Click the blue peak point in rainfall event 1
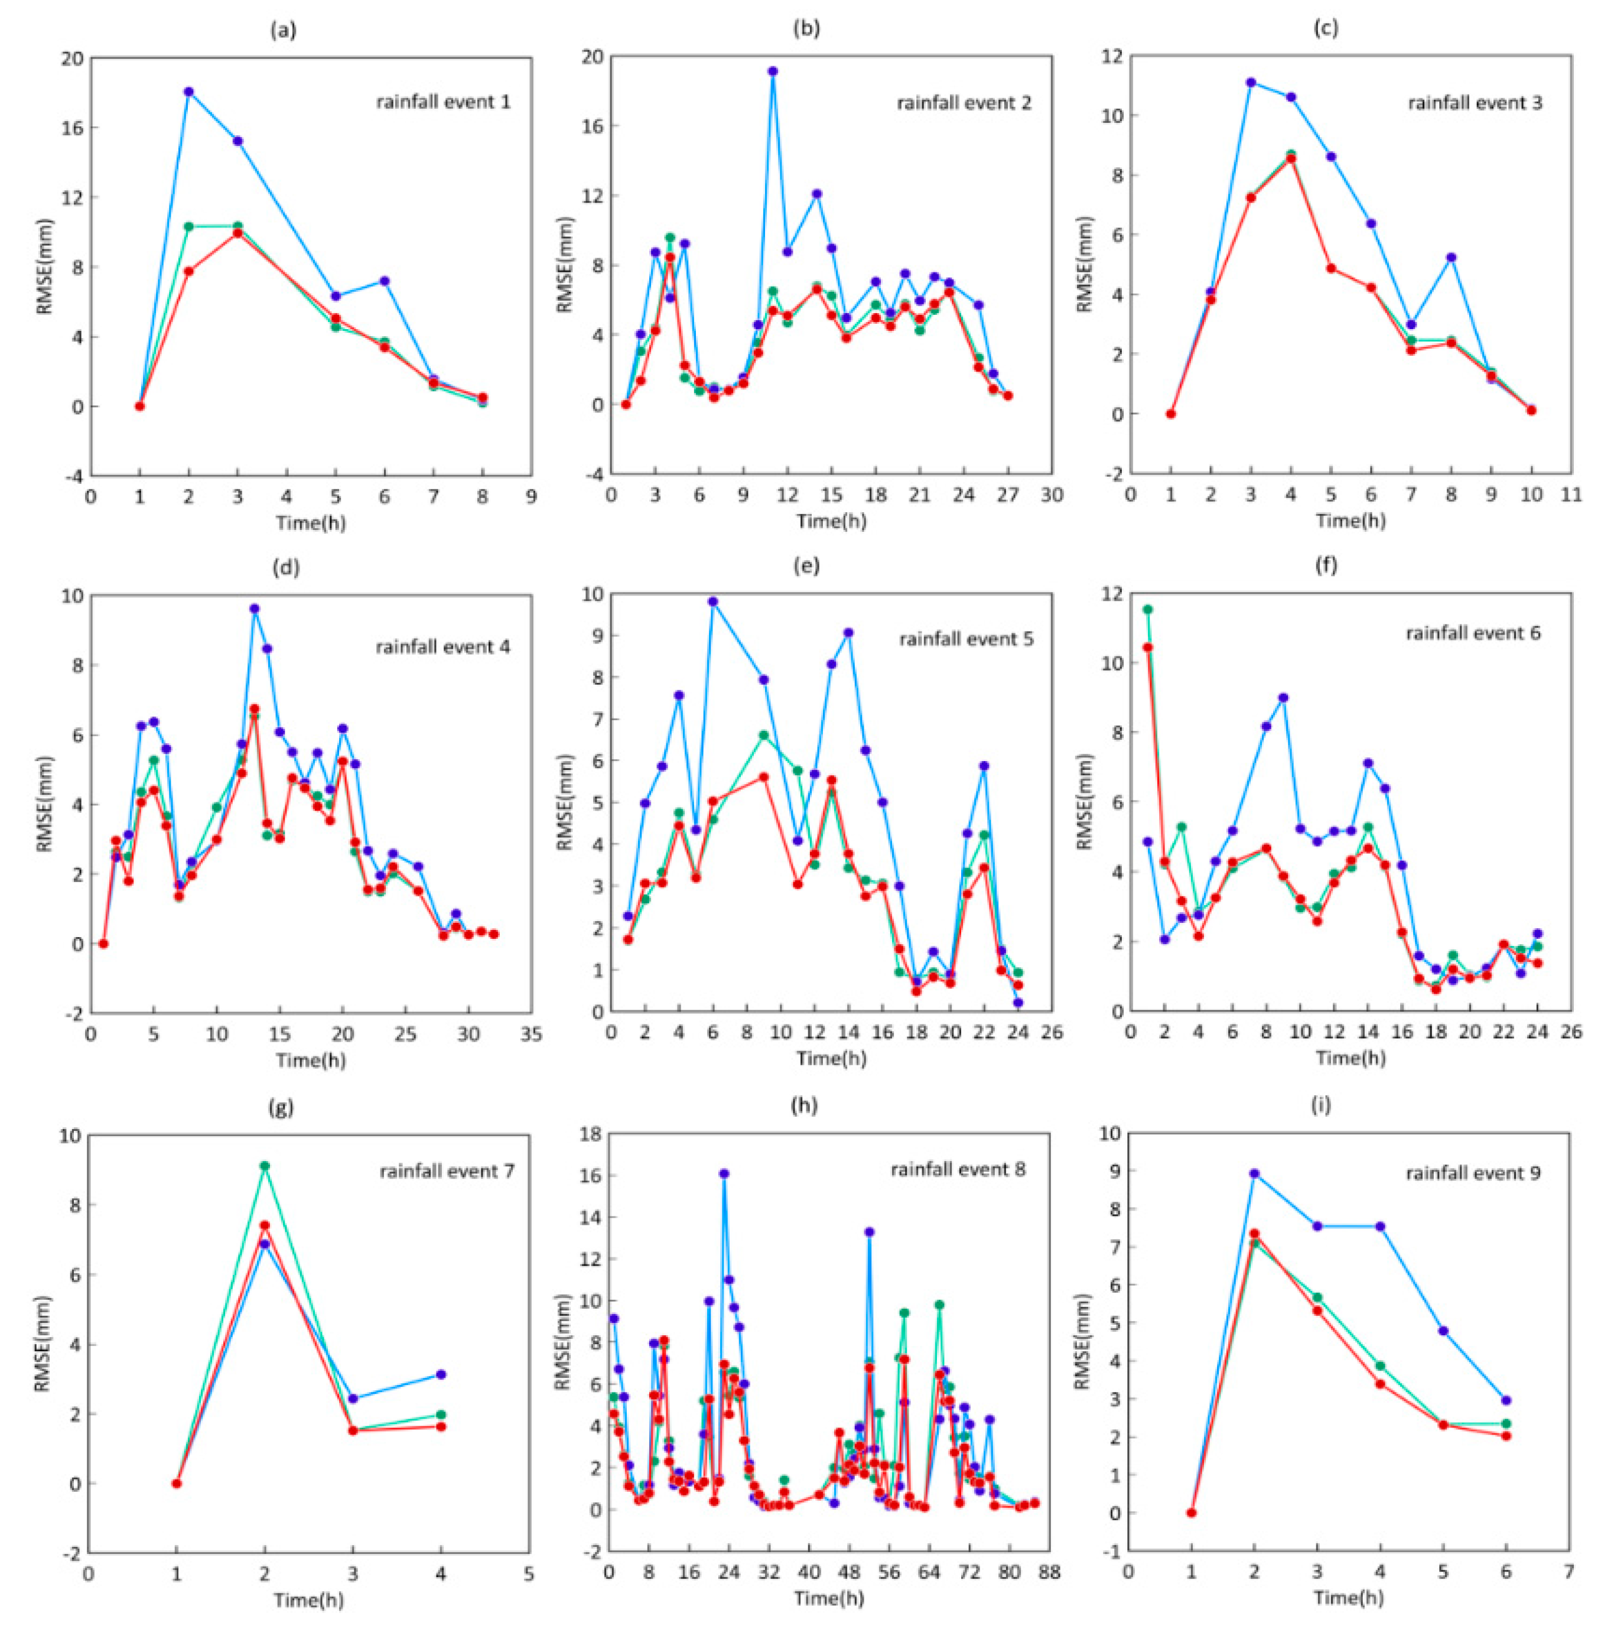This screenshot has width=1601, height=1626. (189, 92)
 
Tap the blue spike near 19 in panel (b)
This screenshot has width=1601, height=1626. (773, 71)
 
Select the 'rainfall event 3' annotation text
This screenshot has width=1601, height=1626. (1475, 103)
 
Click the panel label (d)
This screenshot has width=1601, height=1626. (286, 567)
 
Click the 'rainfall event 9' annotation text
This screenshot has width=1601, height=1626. (1473, 1173)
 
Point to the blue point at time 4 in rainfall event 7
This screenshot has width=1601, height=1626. (441, 1375)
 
